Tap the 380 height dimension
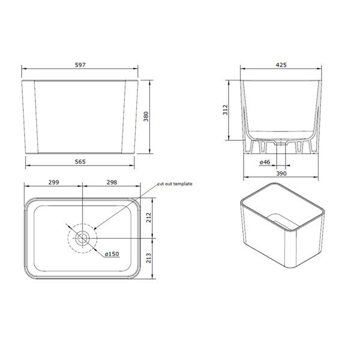coord(146,116)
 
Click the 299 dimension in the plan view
coord(53,182)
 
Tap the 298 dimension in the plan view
coord(111,182)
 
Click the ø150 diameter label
coord(112,254)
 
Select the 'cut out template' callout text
coord(175,184)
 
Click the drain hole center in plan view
coord(82,238)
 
